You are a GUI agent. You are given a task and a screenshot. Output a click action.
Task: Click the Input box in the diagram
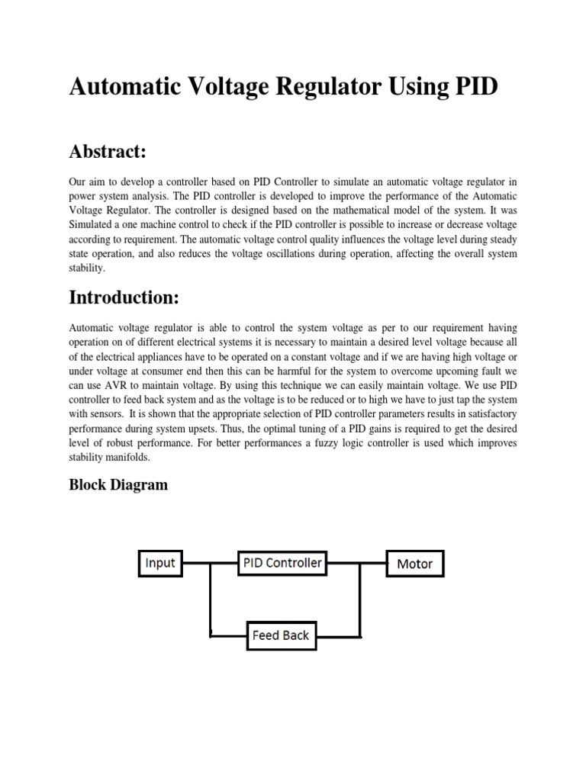160,564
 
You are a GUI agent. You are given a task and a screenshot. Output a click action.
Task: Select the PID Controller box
282,564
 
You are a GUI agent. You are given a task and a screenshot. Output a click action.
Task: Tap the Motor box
414,564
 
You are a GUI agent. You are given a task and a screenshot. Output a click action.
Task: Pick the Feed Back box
281,635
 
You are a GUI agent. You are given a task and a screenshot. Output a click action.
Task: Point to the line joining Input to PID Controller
210,564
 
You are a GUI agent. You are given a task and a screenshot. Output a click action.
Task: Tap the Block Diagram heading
118,484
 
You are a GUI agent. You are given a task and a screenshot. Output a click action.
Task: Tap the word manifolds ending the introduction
127,458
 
